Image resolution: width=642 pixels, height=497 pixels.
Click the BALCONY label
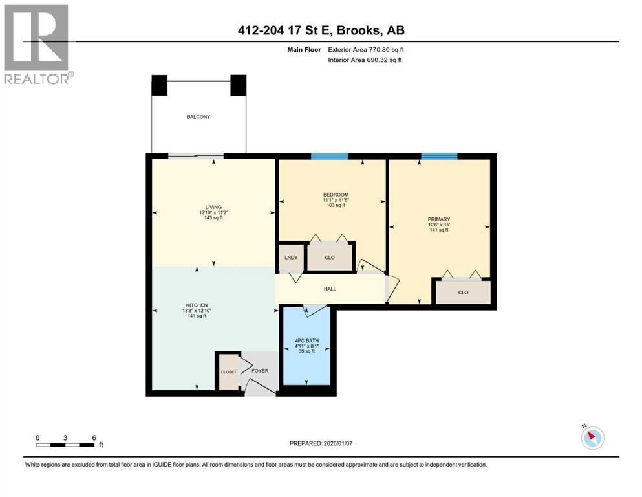(198, 117)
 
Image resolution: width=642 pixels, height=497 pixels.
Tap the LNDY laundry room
(291, 258)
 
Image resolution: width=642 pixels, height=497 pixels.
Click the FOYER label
(260, 371)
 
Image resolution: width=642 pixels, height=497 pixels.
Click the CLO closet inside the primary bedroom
(463, 292)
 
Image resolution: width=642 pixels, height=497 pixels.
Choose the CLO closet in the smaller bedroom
(329, 258)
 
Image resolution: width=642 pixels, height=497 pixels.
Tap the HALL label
(330, 289)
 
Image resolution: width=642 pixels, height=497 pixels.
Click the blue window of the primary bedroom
(439, 156)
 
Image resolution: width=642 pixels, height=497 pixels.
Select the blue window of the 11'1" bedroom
(329, 156)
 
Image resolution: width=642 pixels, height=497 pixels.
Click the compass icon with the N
(592, 437)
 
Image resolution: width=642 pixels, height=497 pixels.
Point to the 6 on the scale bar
(94, 437)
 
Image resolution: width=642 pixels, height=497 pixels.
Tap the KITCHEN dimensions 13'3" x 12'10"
(196, 309)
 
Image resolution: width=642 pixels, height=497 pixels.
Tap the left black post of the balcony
(159, 85)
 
